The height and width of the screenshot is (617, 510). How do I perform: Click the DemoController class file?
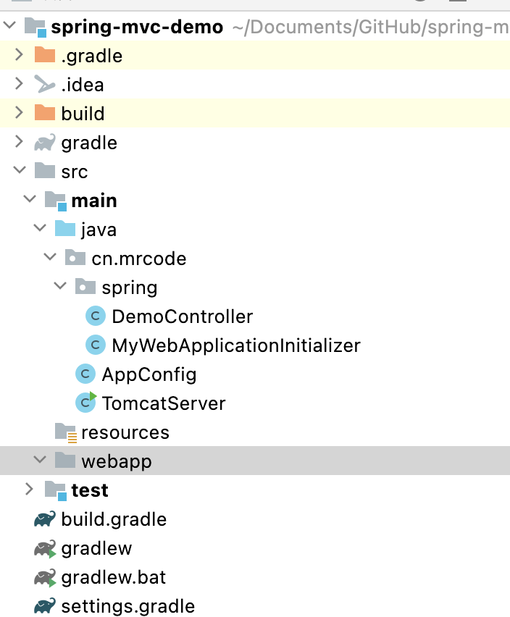pos(182,316)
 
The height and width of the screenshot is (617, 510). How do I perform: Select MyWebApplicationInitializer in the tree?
pos(235,345)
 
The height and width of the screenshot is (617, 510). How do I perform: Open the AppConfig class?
pos(149,374)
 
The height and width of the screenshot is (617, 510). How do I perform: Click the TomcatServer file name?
pos(164,403)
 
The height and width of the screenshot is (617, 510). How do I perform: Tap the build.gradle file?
pos(114,519)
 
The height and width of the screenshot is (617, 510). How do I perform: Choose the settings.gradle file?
pos(128,606)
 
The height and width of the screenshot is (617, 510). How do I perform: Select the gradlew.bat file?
pos(113,577)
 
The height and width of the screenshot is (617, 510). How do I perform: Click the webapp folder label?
pos(116,461)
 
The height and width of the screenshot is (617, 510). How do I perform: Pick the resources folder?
pos(125,432)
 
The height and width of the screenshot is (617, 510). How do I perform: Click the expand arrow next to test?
pos(29,490)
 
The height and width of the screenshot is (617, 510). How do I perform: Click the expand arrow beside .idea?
pos(19,84)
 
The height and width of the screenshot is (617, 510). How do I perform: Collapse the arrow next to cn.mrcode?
pos(49,258)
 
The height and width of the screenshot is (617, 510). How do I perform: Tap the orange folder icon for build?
pos(45,113)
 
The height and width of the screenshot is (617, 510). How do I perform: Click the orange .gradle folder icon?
pos(45,55)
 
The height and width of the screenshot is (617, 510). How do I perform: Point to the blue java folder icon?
pos(65,229)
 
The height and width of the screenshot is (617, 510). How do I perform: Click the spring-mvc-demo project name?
pos(137,28)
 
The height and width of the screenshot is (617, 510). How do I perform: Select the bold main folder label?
pos(94,201)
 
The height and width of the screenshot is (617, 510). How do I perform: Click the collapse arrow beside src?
pos(19,172)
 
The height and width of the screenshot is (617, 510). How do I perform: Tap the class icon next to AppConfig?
pos(85,374)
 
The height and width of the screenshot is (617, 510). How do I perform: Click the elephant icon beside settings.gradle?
pos(45,605)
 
